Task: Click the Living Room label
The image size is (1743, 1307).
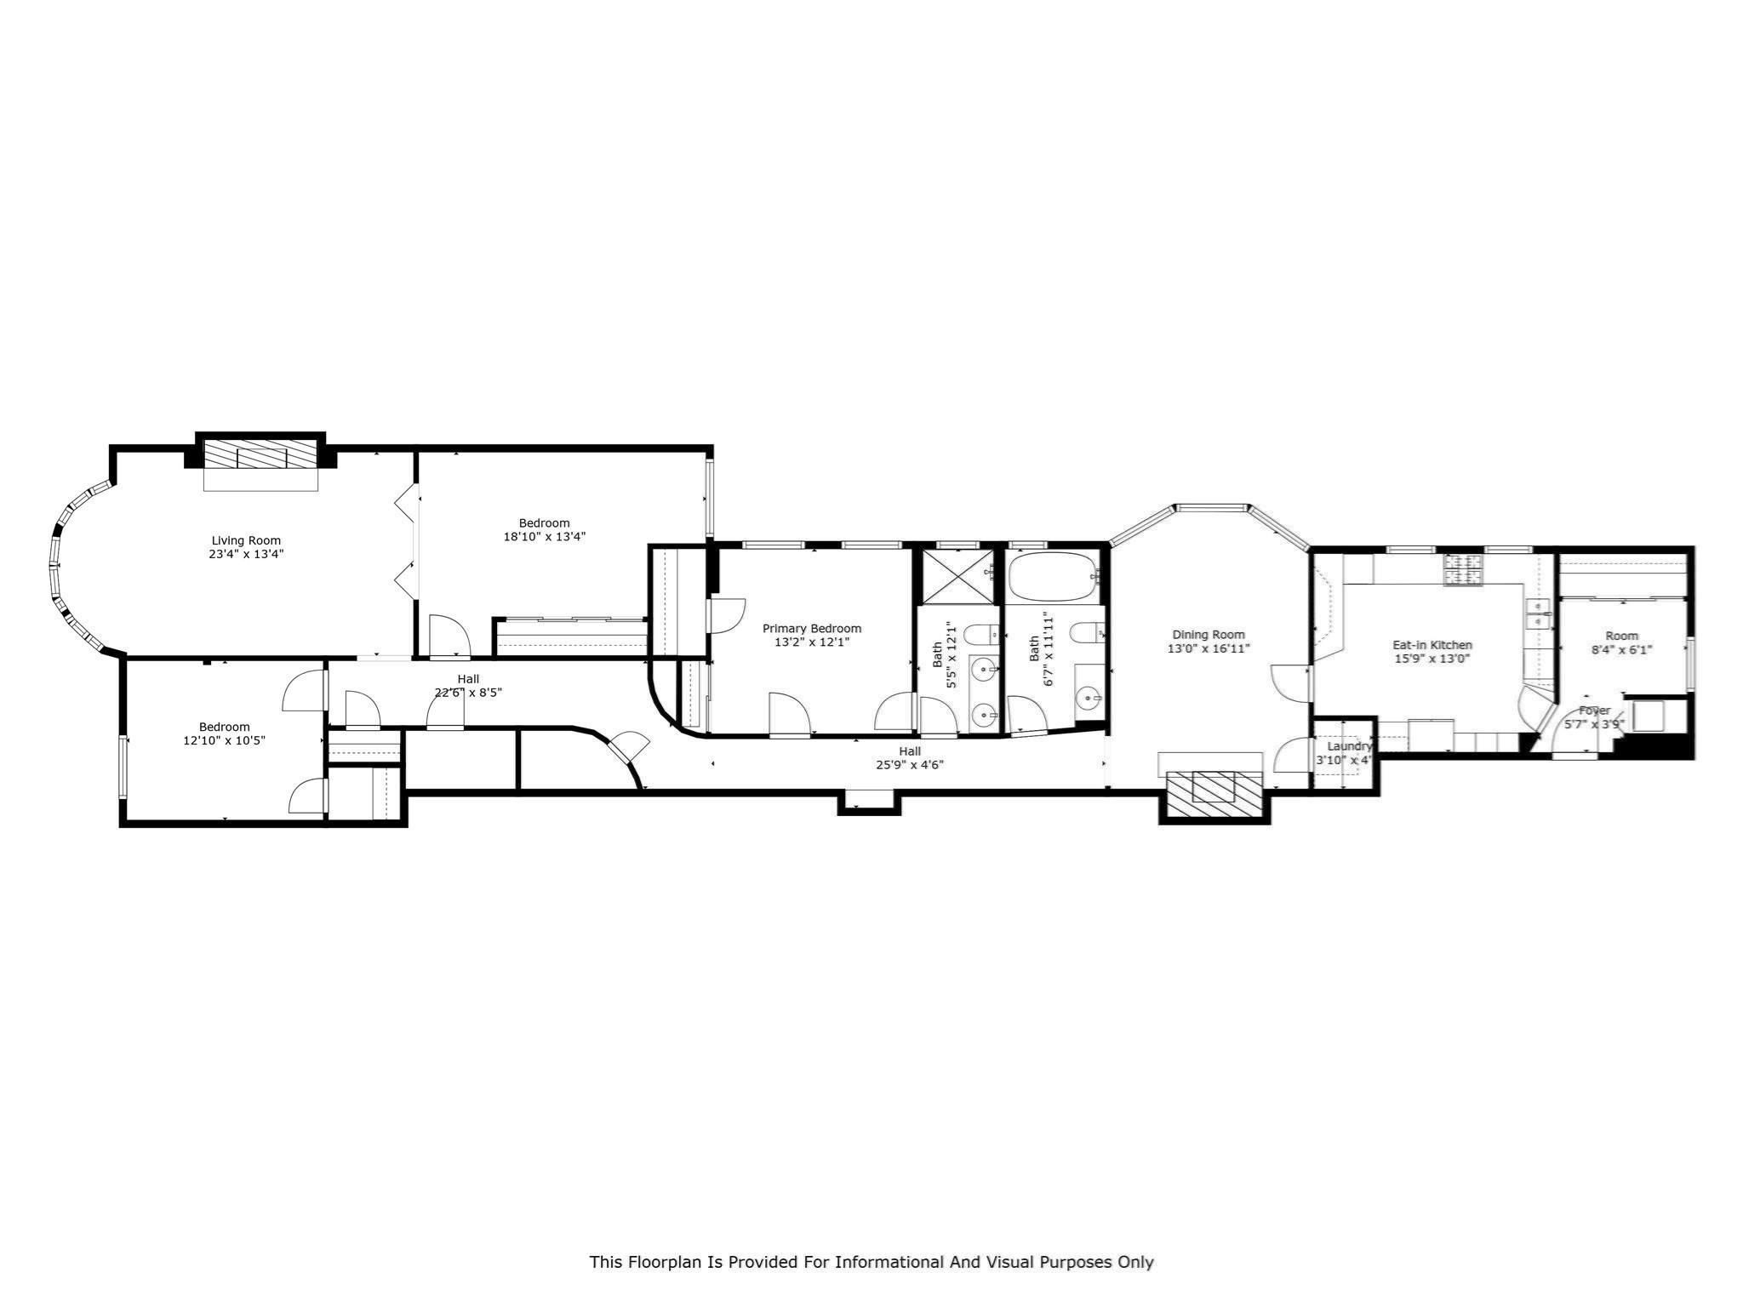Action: pyautogui.click(x=246, y=540)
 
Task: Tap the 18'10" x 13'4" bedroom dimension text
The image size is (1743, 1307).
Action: pyautogui.click(x=545, y=537)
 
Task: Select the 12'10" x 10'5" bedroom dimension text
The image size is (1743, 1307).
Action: pyautogui.click(x=225, y=741)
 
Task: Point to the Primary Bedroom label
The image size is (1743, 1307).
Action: pyautogui.click(x=812, y=629)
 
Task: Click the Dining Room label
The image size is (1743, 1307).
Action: pyautogui.click(x=1209, y=635)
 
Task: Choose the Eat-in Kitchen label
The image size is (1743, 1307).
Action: pyautogui.click(x=1432, y=645)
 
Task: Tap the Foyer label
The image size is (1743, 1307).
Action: pyautogui.click(x=1594, y=711)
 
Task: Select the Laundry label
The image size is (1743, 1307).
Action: pyautogui.click(x=1350, y=746)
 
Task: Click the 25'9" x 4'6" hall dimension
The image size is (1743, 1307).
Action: pyautogui.click(x=910, y=765)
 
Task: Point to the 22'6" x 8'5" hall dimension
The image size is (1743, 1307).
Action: pyautogui.click(x=468, y=693)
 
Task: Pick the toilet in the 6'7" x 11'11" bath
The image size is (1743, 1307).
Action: pyautogui.click(x=1090, y=633)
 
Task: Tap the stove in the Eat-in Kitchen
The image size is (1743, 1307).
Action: pyautogui.click(x=1463, y=569)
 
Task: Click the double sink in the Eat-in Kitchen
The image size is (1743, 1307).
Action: pyautogui.click(x=1540, y=613)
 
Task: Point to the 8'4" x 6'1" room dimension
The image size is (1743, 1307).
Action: pyautogui.click(x=1621, y=650)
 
